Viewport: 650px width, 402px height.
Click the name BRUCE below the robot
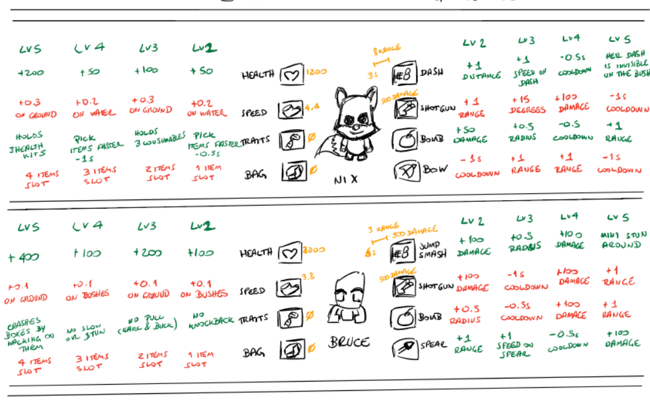click(x=348, y=341)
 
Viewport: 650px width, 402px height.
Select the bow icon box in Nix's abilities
click(x=405, y=169)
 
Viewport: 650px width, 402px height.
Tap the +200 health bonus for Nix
click(x=31, y=73)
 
